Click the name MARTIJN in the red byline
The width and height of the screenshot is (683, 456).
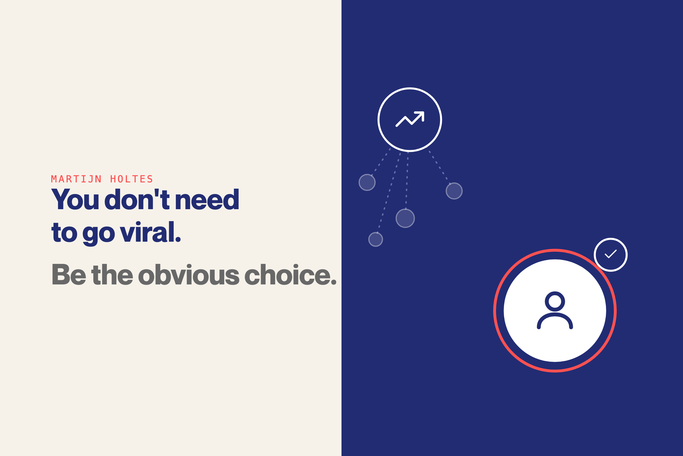(x=76, y=179)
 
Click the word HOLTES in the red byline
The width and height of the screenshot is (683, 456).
(x=131, y=179)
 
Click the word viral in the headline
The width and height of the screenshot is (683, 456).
(x=147, y=232)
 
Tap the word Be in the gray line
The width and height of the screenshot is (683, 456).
(x=69, y=274)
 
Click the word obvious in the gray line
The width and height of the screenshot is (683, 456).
(x=189, y=274)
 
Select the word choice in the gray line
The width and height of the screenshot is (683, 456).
(x=287, y=274)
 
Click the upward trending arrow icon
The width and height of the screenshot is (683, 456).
(x=410, y=119)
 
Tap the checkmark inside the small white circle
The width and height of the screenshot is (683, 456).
(x=610, y=254)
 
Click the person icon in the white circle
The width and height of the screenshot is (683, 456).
(x=555, y=310)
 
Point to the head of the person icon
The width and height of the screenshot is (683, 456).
(x=555, y=301)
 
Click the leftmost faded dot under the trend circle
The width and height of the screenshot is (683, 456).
(x=367, y=182)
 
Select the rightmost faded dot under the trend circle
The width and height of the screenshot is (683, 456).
(x=454, y=191)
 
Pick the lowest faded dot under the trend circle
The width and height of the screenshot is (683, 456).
(x=375, y=239)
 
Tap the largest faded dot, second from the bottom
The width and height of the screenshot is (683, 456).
(x=405, y=218)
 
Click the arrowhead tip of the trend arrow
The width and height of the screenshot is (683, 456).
(x=424, y=112)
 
